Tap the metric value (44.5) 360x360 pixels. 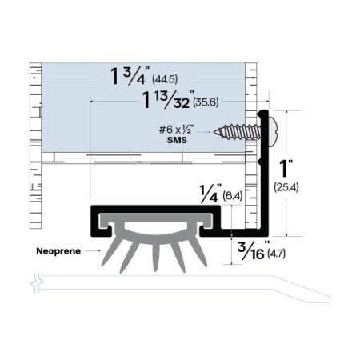point(179,82)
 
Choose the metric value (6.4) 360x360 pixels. point(233,194)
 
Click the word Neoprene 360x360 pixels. point(58,250)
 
